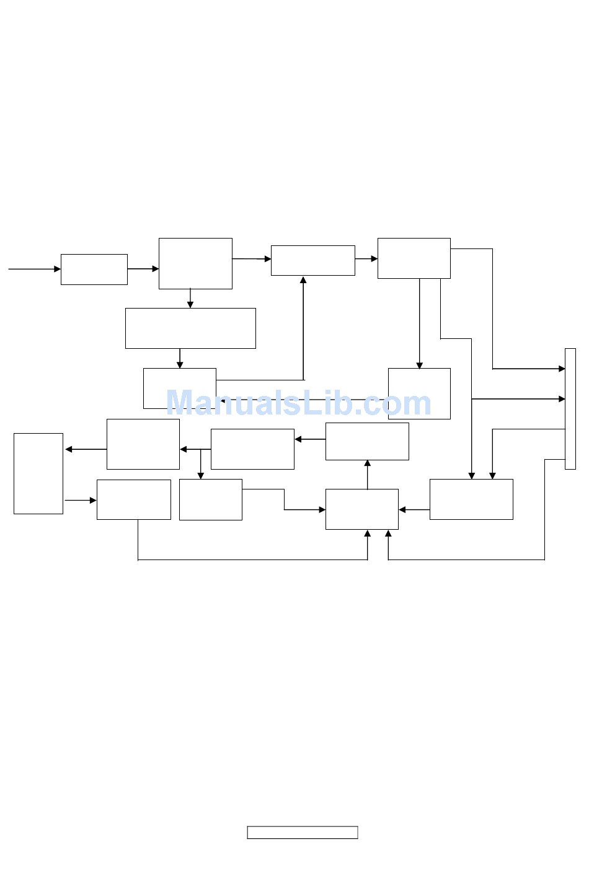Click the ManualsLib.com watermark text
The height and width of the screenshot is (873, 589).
point(298,403)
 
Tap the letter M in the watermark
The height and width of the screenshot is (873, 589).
point(182,403)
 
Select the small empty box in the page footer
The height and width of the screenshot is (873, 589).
point(303,833)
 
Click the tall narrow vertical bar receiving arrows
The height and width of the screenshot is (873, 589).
point(570,409)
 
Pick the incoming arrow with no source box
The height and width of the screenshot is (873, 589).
point(34,269)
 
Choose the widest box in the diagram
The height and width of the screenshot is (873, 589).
point(190,328)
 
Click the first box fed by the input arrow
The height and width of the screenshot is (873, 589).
point(94,270)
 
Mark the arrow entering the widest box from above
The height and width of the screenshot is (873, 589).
point(190,298)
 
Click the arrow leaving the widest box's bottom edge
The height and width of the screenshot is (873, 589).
point(180,358)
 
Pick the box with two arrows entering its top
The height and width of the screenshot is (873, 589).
point(471,499)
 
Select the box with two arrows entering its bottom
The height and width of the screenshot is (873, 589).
point(362,509)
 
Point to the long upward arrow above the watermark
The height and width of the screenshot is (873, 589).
point(303,328)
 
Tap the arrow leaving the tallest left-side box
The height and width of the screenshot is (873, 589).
point(81,500)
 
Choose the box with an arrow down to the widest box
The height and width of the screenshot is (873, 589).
point(195,263)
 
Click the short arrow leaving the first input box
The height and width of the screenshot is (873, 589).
point(143,269)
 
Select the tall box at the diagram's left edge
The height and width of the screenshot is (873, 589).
point(38,473)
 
